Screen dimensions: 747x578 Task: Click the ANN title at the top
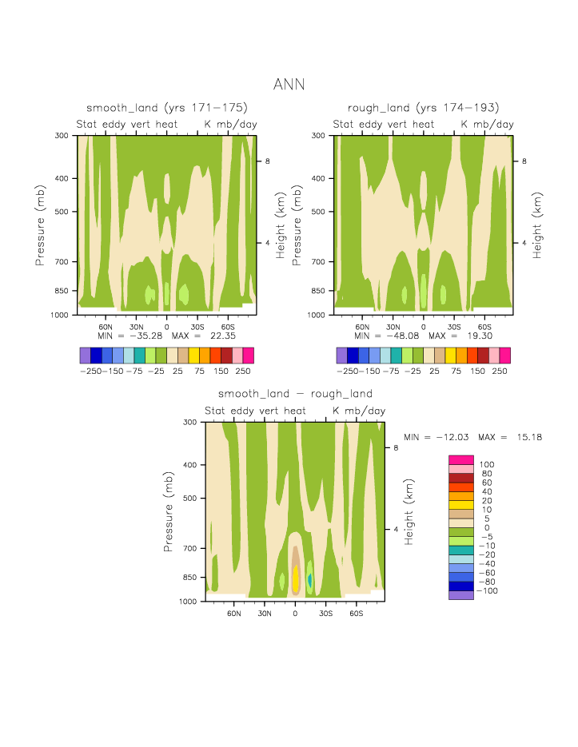click(289, 84)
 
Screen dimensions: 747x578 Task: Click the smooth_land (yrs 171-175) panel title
click(167, 108)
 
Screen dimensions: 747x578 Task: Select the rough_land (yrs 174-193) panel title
click(424, 108)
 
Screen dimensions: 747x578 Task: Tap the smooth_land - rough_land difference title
click(295, 394)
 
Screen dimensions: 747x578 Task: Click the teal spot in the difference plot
click(309, 580)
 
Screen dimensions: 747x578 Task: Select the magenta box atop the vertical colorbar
click(461, 459)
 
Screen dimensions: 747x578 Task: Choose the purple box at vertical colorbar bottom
click(461, 594)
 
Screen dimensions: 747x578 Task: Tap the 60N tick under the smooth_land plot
click(106, 326)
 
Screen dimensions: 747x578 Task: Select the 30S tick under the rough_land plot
click(453, 326)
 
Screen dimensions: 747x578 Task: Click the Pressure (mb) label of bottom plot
click(169, 510)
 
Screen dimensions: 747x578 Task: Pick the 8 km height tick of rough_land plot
click(525, 161)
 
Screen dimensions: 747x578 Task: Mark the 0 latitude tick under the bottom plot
click(295, 613)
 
